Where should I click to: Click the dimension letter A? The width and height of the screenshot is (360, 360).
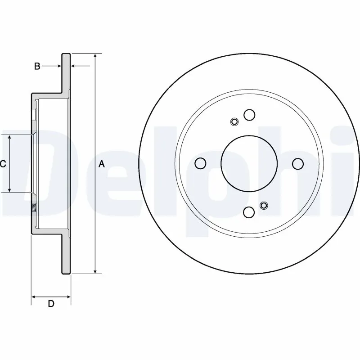(102, 164)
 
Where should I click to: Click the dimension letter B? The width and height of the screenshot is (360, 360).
(37, 67)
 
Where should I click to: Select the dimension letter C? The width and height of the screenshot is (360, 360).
(3, 164)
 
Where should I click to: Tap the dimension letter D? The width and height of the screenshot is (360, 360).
(51, 304)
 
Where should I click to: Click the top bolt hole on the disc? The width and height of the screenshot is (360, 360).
(249, 115)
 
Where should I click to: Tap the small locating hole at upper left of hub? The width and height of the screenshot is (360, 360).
(234, 121)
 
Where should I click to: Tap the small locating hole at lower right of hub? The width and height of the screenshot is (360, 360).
(264, 206)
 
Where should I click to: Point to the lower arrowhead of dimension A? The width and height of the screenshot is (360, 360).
(95, 270)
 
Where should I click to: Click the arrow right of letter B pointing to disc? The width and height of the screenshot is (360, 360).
(58, 67)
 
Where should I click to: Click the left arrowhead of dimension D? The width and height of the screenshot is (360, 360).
(34, 297)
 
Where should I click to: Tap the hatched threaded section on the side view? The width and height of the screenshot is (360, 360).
(34, 208)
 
